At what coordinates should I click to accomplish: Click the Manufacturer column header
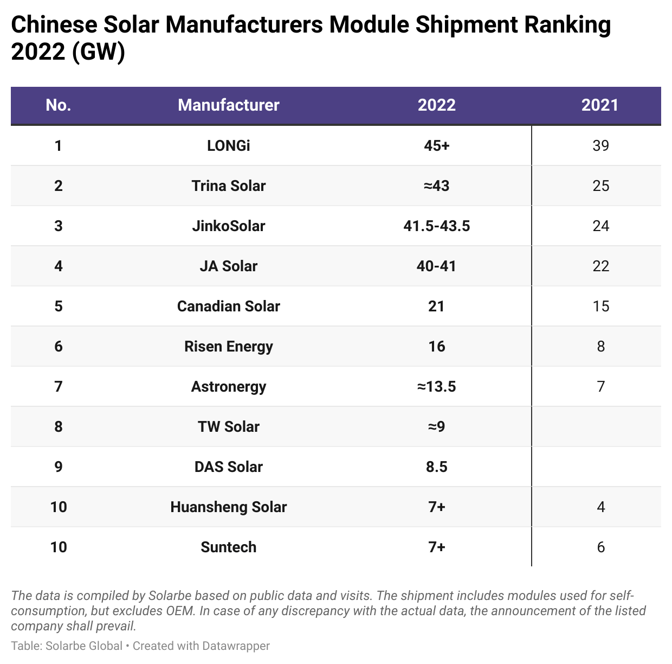pos(228,105)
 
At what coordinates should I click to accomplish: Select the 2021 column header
pos(599,105)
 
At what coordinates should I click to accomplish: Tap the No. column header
pos(59,105)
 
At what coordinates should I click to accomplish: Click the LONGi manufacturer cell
pos(228,145)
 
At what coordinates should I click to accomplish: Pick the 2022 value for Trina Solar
pos(436,186)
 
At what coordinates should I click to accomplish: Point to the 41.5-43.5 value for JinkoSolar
pos(436,226)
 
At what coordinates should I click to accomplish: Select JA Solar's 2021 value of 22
pos(600,266)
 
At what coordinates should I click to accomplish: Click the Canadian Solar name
pos(228,306)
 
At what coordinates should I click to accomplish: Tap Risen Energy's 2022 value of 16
pos(436,346)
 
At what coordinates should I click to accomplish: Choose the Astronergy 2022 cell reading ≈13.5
pos(436,386)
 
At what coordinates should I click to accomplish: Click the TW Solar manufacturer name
pos(228,426)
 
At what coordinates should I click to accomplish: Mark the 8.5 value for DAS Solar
pos(436,467)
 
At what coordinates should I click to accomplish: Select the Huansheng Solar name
pos(228,507)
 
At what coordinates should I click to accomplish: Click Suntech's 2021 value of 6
pos(600,547)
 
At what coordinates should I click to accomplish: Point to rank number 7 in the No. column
pos(59,386)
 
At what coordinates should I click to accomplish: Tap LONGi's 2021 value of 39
pos(600,145)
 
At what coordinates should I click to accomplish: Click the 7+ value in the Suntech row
pos(436,547)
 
